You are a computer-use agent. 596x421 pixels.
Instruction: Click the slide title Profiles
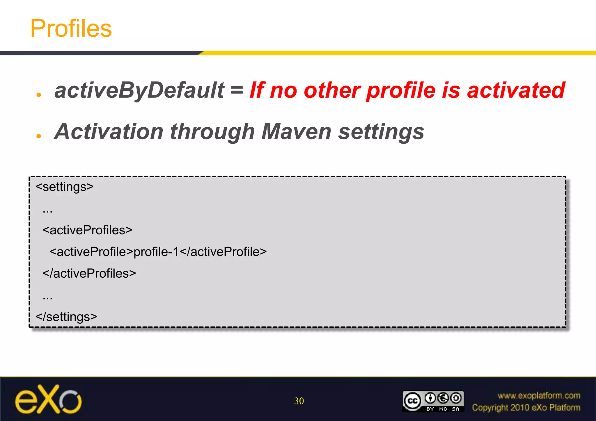click(71, 28)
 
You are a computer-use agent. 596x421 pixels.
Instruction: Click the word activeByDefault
click(139, 90)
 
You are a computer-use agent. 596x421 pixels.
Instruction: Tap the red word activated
click(516, 90)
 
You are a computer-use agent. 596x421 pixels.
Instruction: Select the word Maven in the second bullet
click(296, 131)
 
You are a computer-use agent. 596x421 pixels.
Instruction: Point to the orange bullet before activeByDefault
click(39, 95)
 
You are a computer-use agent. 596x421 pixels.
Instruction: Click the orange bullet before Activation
click(39, 136)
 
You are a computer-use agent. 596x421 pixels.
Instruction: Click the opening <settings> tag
click(64, 187)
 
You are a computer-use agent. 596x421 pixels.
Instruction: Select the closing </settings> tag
click(66, 317)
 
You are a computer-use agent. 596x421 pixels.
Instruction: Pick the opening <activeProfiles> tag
click(87, 230)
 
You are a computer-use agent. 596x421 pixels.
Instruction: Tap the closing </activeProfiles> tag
click(89, 274)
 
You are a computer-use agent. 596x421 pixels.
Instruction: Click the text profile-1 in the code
click(156, 252)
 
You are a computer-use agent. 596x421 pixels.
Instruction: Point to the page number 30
click(299, 401)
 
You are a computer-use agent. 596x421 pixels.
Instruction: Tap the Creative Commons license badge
click(433, 401)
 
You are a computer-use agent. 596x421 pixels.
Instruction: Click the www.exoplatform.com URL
click(539, 395)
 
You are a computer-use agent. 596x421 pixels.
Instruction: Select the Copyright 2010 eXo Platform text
click(526, 408)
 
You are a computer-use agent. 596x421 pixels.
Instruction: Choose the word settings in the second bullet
click(381, 131)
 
